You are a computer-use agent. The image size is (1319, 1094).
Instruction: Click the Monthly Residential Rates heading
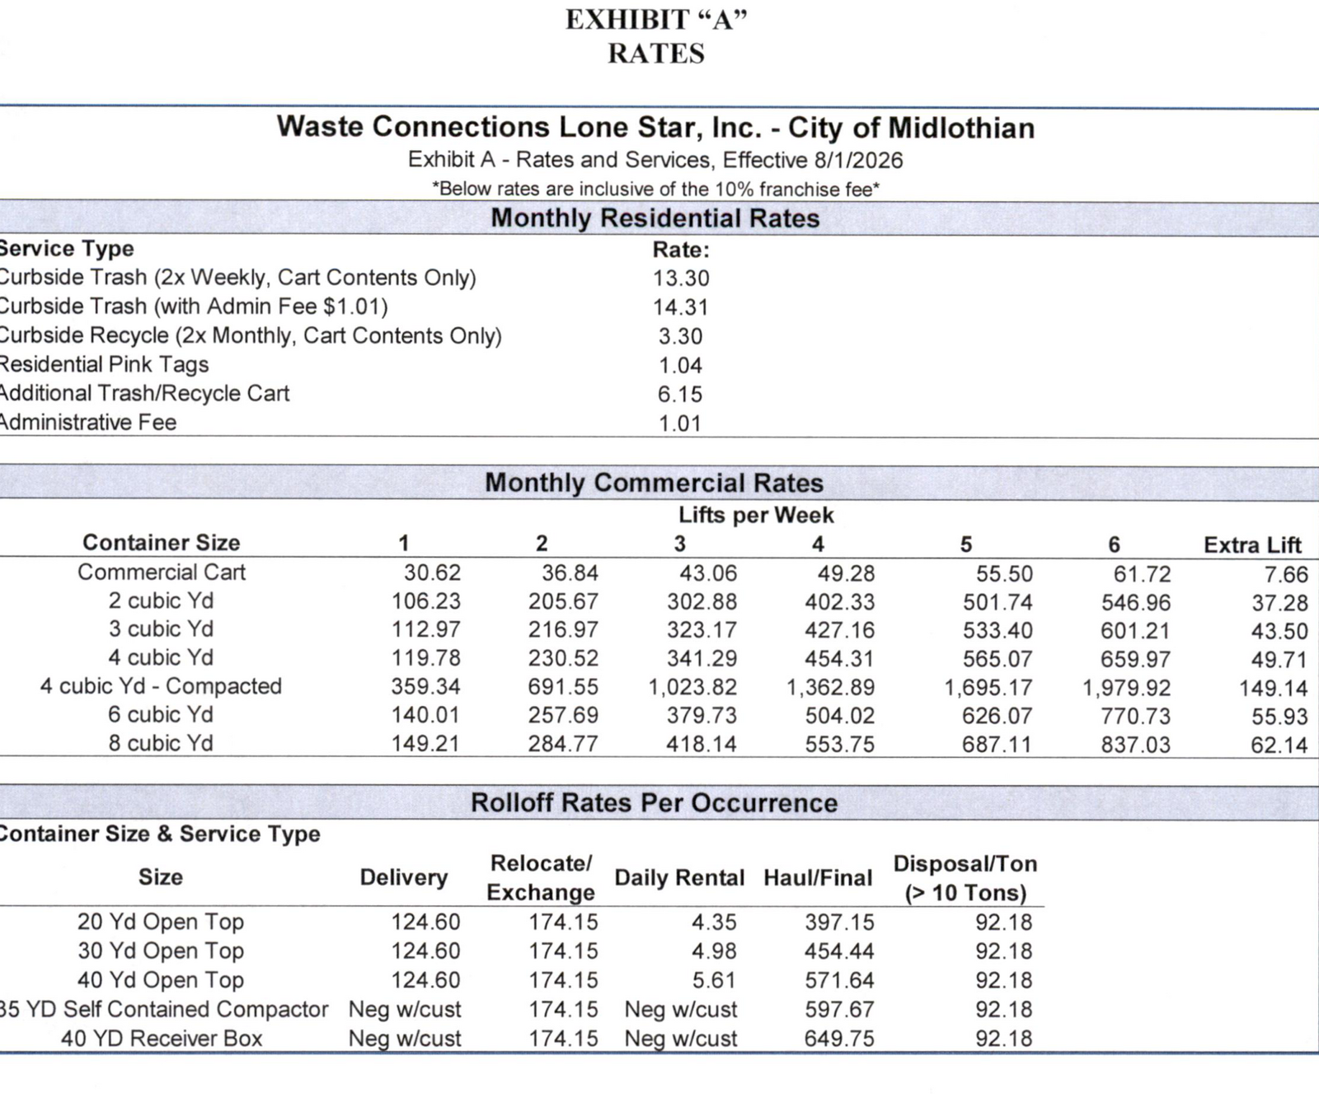click(655, 218)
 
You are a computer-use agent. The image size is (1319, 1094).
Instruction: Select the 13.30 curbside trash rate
click(681, 278)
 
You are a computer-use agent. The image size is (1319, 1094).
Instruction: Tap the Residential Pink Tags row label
click(103, 365)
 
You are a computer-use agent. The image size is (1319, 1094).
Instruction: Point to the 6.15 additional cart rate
click(680, 395)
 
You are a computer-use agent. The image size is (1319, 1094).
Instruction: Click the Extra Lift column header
click(1252, 545)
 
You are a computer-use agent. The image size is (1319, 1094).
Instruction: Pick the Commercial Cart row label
click(162, 573)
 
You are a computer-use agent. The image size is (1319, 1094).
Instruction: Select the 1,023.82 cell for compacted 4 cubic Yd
click(692, 687)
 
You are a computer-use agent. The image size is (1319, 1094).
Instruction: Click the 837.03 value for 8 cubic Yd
click(1135, 745)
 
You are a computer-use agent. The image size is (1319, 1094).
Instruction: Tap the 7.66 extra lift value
click(1286, 574)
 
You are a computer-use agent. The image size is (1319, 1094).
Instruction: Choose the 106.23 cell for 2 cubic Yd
click(425, 601)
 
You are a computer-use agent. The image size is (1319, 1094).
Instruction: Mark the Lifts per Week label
click(756, 516)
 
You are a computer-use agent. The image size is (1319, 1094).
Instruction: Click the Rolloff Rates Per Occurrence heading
click(655, 803)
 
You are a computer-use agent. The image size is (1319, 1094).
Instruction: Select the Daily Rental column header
click(679, 878)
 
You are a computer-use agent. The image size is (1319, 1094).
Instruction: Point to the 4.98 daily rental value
click(714, 951)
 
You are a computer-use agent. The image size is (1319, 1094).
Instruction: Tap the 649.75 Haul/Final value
click(839, 1039)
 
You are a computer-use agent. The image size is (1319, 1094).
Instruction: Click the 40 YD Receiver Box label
click(162, 1039)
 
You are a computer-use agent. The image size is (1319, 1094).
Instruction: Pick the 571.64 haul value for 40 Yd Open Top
click(839, 980)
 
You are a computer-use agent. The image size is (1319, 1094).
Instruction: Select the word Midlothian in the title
click(961, 128)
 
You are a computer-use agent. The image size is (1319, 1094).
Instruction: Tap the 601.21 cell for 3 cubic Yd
click(1135, 631)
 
